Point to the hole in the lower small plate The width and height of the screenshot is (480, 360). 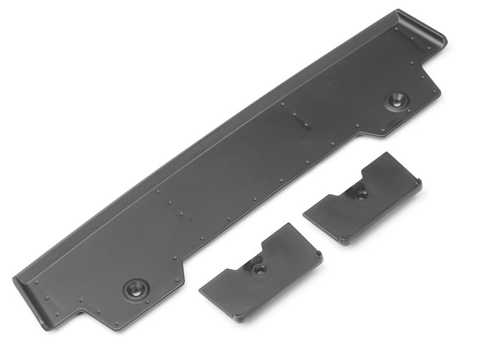(x=259, y=269)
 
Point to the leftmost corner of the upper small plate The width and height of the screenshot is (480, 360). (x=305, y=211)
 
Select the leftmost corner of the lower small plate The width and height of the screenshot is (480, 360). (x=200, y=290)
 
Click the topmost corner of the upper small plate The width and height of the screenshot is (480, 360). (x=385, y=153)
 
